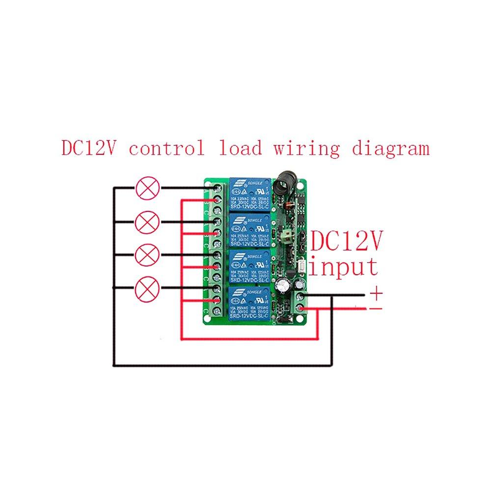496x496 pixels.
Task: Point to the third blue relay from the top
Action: coord(249,266)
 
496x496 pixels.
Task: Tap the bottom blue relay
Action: coord(249,304)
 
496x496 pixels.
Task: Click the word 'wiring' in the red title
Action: coord(304,148)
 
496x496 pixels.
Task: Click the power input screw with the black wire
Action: coord(301,296)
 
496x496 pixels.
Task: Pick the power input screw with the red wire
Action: coord(301,308)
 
